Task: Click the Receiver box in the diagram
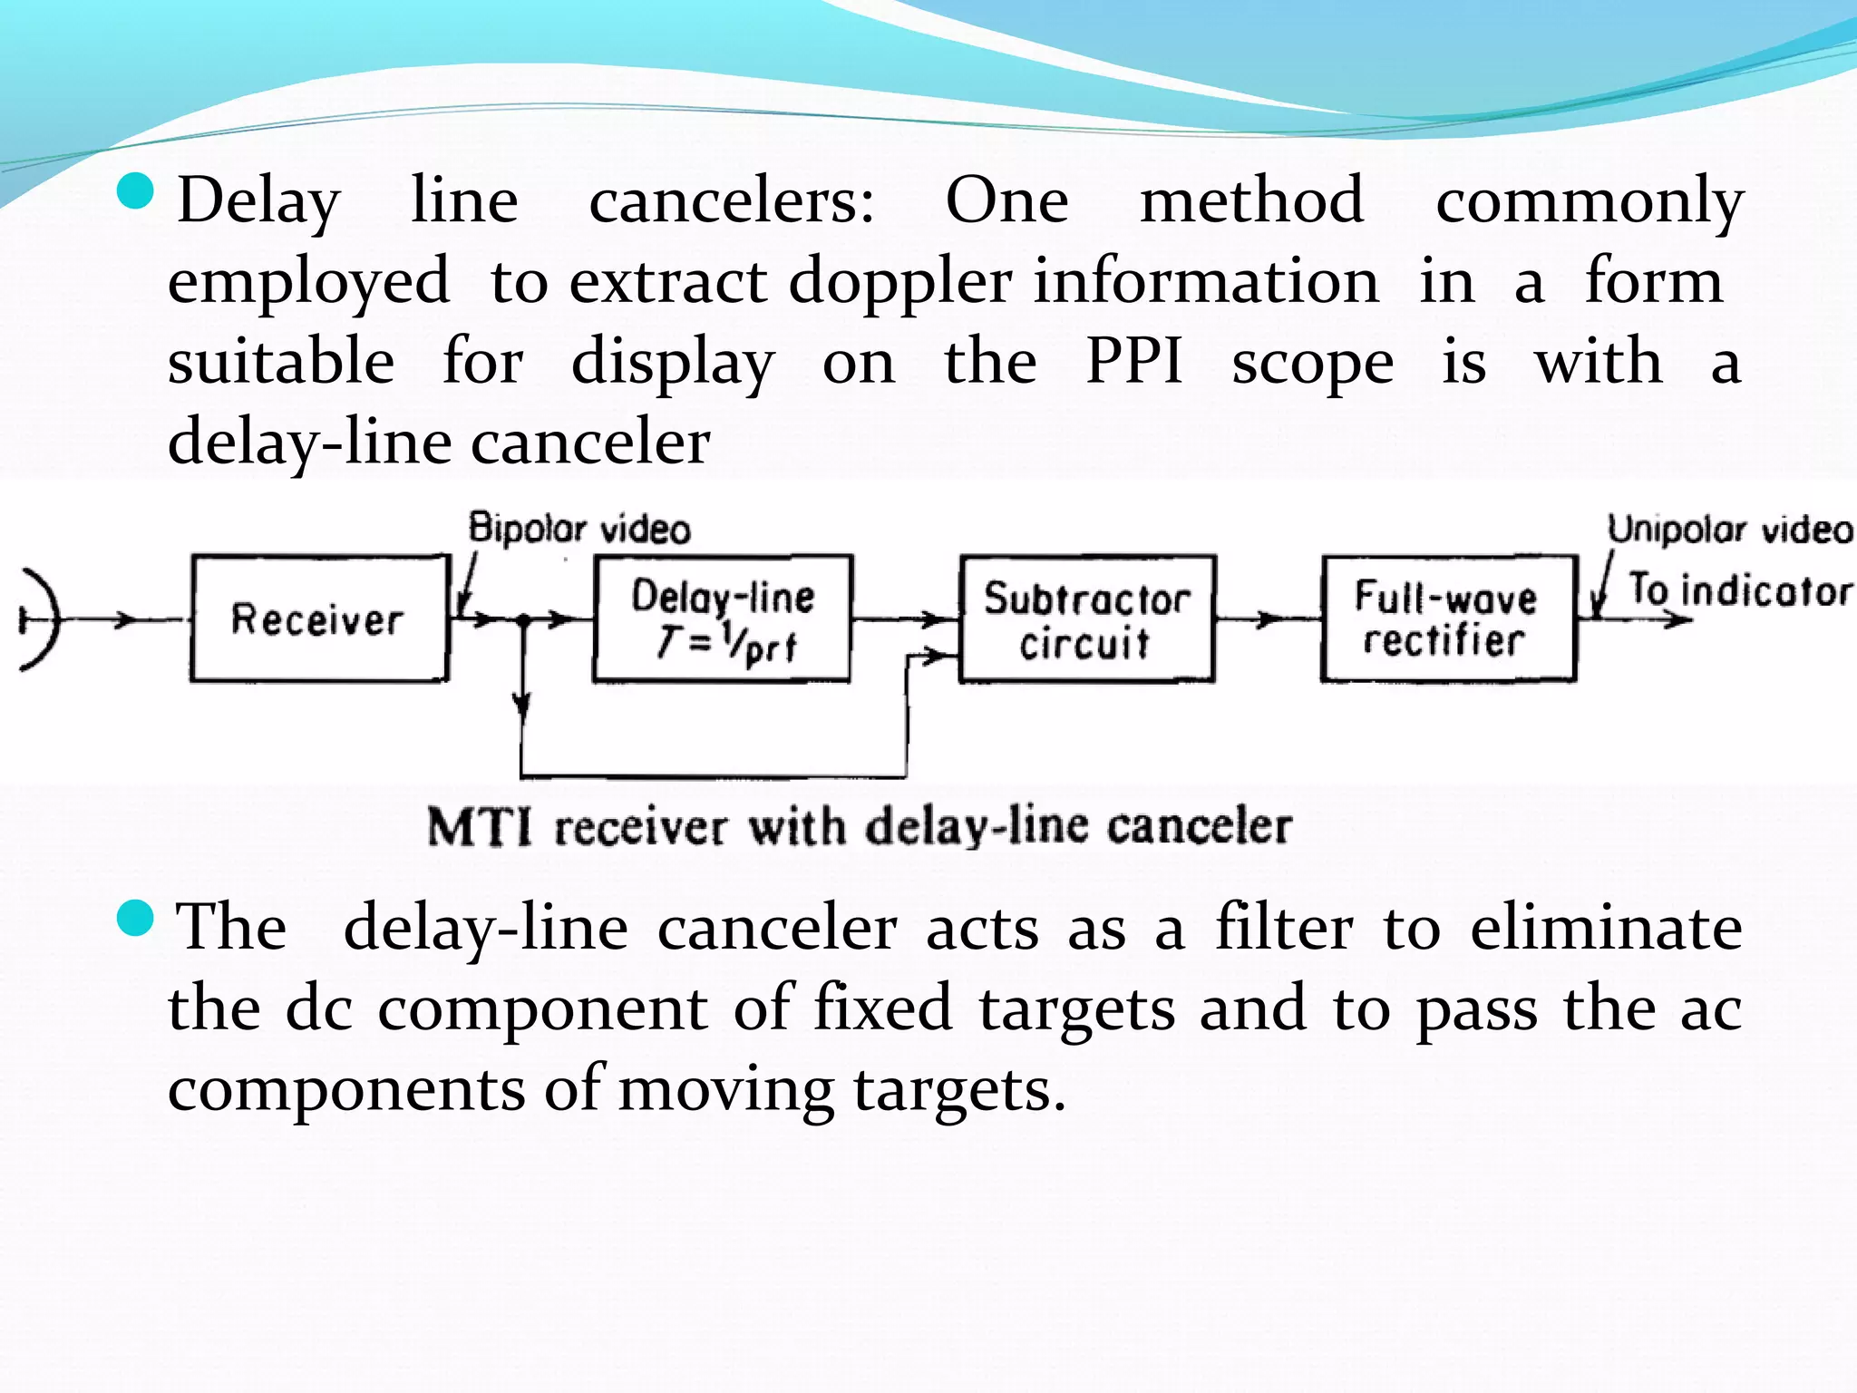[x=318, y=619]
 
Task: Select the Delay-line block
[x=723, y=619]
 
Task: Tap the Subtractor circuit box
[x=1087, y=619]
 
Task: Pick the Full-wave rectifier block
[x=1448, y=619]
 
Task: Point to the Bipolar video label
[x=579, y=529]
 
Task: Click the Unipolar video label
[x=1730, y=529]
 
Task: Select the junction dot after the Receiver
[x=522, y=620]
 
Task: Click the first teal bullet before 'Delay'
[x=136, y=191]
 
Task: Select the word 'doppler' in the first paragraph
[x=899, y=282]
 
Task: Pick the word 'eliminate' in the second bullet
[x=1606, y=928]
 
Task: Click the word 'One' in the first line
[x=1006, y=200]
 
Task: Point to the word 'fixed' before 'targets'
[x=882, y=1008]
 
